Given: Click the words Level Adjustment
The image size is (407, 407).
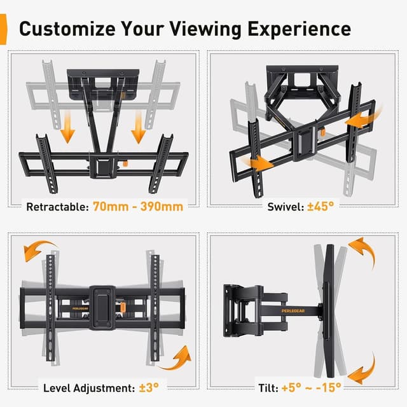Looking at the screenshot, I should pyautogui.click(x=88, y=387).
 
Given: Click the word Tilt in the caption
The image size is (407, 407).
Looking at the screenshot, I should pyautogui.click(x=266, y=387).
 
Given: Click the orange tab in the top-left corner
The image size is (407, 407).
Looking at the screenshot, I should pyautogui.click(x=3, y=29).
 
